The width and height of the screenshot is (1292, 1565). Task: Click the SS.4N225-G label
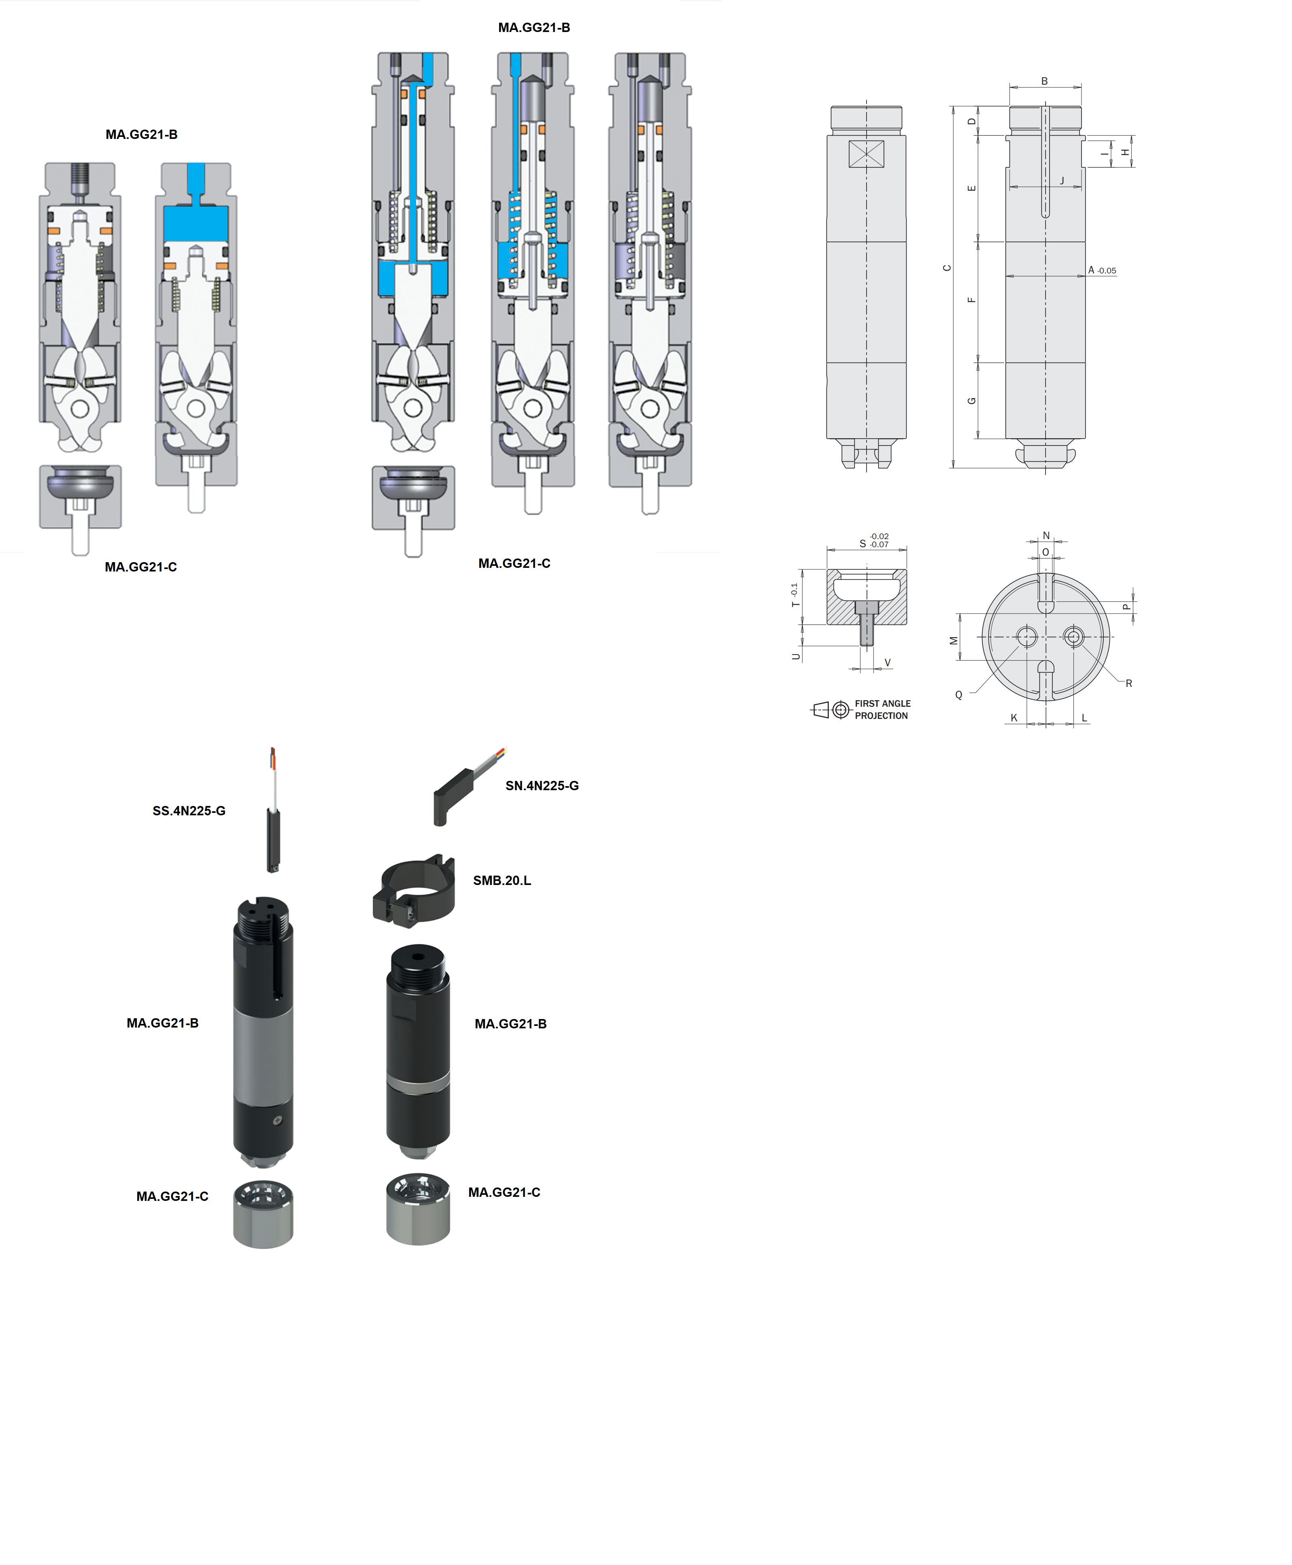[189, 811]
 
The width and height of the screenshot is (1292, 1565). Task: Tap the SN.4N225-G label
[542, 785]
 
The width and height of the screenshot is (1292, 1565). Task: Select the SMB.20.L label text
[502, 881]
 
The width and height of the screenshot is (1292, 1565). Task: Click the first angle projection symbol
[830, 710]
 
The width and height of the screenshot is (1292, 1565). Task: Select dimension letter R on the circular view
[1129, 684]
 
